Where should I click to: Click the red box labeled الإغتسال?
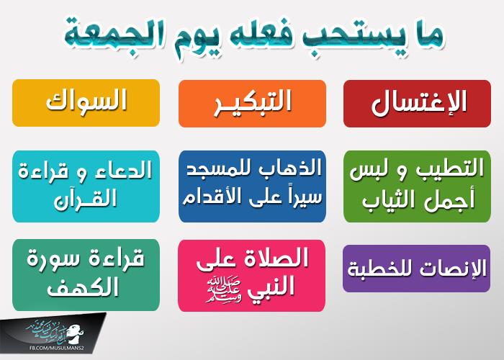[417, 104]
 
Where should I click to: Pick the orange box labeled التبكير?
[252, 104]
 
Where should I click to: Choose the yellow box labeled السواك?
[86, 103]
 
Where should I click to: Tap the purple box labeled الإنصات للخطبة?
[417, 269]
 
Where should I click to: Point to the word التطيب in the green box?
[451, 168]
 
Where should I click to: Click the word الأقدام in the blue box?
[207, 197]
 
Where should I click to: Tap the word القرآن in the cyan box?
[86, 200]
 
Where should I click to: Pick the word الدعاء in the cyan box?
[127, 170]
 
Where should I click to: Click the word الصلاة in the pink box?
[275, 258]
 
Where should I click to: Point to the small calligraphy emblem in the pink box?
[223, 289]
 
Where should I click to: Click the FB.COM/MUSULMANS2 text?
[57, 348]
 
